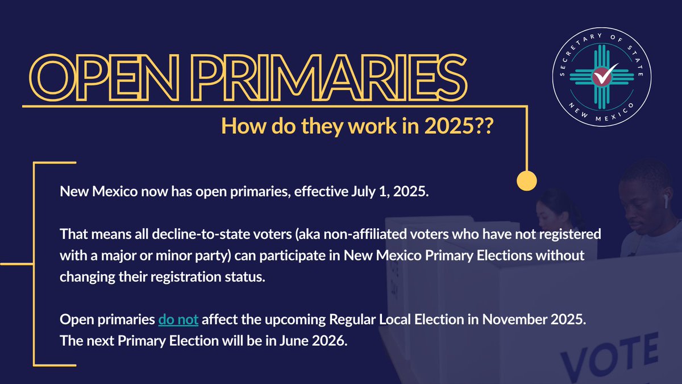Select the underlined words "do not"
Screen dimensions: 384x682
point(178,320)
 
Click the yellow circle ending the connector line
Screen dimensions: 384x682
point(527,180)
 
